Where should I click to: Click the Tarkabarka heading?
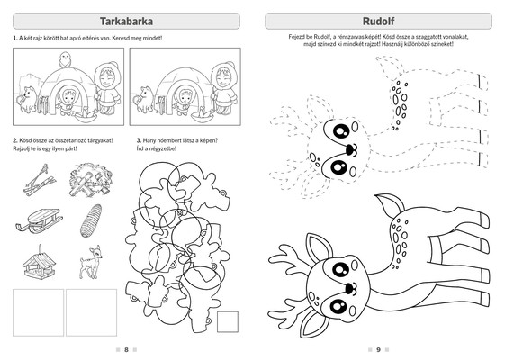coord(126,22)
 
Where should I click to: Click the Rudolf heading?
coord(378,22)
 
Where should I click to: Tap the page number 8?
coord(126,350)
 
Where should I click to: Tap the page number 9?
coord(378,350)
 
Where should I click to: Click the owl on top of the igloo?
coord(65,59)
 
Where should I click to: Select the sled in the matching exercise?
coord(39,220)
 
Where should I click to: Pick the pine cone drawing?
coord(91,220)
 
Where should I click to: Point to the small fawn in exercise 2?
coord(91,262)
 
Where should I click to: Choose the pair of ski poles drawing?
coord(40,180)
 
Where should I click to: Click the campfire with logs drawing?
coord(91,180)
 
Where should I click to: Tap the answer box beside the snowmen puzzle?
coord(228,321)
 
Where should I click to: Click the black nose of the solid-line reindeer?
coord(348,287)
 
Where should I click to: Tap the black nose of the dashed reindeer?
coord(350,148)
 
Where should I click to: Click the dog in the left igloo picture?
coord(27,99)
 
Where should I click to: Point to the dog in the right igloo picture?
coord(144,99)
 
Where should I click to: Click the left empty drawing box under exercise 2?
coord(38,312)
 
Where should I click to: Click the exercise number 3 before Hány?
coord(139,140)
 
